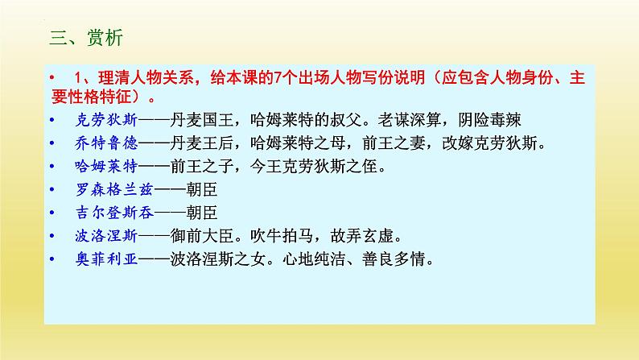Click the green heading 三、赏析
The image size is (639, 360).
click(86, 38)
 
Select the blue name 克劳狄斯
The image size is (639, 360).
click(107, 120)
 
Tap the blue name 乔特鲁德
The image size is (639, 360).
click(107, 143)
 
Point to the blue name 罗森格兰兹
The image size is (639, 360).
click(114, 189)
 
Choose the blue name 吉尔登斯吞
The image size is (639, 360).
click(114, 213)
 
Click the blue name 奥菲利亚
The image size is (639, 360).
click(107, 259)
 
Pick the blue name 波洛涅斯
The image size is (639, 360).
click(107, 236)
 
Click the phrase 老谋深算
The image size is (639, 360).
click(409, 120)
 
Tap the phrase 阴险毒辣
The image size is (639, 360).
click(489, 120)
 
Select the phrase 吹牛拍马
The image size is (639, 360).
click(282, 236)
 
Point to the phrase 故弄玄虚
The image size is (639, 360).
click(362, 236)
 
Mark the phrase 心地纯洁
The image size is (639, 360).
click(314, 259)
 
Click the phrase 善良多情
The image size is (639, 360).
click(394, 259)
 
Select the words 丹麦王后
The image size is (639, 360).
click(202, 143)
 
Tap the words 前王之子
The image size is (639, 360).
click(202, 167)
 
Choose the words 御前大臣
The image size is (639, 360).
click(202, 236)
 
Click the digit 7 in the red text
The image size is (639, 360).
click(278, 77)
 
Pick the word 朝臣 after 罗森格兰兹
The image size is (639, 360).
click(202, 189)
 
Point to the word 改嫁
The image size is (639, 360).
click(458, 143)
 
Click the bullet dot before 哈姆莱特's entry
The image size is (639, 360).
click(52, 167)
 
